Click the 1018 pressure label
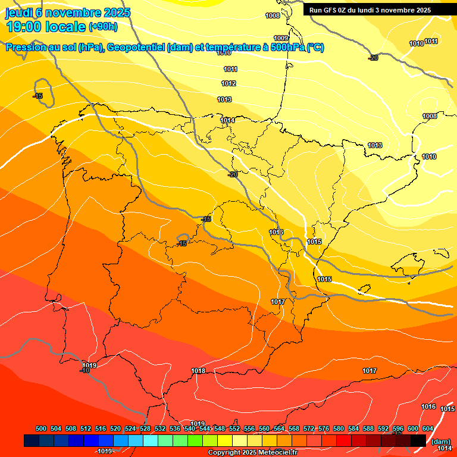tap(198, 371)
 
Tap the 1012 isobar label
tap(229, 84)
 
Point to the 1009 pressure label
tap(281, 38)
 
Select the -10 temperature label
tap(85, 371)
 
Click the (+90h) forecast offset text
tap(103, 27)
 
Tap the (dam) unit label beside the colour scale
tap(441, 442)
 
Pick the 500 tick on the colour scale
tap(41, 428)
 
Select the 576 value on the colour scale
tap(324, 428)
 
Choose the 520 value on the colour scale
tap(115, 428)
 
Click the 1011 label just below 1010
tap(230, 70)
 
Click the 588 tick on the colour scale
tap(368, 428)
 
